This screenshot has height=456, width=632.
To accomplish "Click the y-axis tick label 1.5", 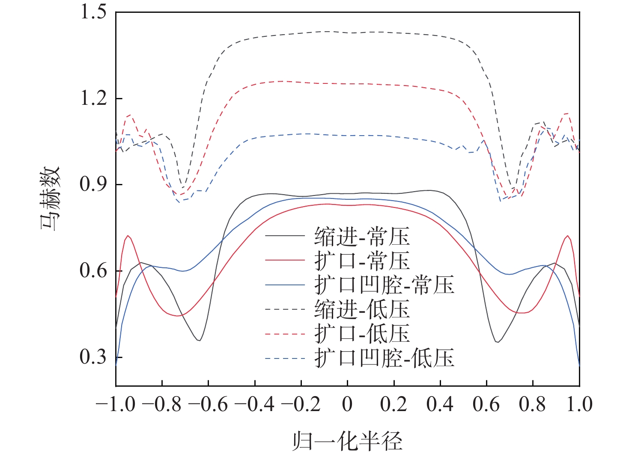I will pos(93,12).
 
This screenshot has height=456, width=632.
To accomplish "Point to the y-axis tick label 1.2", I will pos(93,98).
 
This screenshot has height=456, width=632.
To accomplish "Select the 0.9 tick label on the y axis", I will pos(93,185).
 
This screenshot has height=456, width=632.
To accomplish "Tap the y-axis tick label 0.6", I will pos(93,271).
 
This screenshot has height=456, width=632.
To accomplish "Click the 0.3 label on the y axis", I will pos(93,357).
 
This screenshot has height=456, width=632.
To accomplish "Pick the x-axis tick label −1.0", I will pos(116,405).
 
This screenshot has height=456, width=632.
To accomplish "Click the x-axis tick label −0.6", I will pos(208,405).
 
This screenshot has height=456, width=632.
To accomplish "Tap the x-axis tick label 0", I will pos(347,405).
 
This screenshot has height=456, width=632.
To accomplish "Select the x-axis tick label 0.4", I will pos(440,405).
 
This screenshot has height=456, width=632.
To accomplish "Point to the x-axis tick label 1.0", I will pos(579,405).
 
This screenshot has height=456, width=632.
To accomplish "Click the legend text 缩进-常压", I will pos(362,236).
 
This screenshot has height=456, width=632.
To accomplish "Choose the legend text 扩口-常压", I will pos(362,261).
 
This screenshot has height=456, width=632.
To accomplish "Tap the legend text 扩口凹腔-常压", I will pos(385,285).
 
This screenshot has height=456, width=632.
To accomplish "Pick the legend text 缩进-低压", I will pos(362,309).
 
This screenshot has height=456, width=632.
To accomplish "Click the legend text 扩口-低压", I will pos(362,334).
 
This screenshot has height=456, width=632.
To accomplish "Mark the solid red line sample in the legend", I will pos(285,261).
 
